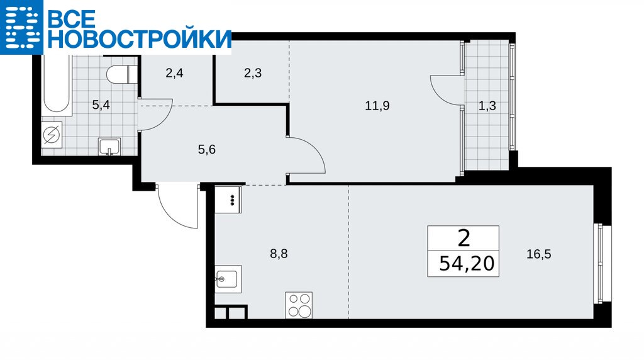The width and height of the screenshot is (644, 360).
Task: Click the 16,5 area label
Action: click(x=539, y=254)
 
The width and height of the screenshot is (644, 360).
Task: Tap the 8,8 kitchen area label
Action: click(x=279, y=254)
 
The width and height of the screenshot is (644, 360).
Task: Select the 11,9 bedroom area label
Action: click(x=377, y=106)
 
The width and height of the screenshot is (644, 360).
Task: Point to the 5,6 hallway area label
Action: click(x=206, y=150)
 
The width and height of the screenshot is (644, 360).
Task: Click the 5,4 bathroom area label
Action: click(x=101, y=105)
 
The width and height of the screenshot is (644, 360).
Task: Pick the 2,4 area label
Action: click(x=174, y=74)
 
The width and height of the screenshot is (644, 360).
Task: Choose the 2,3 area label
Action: click(x=253, y=74)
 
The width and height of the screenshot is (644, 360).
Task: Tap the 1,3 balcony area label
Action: click(x=487, y=106)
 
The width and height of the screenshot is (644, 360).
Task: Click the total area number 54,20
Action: click(x=467, y=263)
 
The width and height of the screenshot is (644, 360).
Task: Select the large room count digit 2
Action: click(x=464, y=238)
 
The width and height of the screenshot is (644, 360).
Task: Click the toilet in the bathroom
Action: click(x=121, y=75)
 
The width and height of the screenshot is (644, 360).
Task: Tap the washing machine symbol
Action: click(x=52, y=135)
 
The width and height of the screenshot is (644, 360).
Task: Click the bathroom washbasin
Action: click(x=109, y=147)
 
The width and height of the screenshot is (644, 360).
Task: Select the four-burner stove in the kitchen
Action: click(x=299, y=305)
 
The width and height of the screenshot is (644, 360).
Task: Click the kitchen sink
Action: click(x=228, y=279)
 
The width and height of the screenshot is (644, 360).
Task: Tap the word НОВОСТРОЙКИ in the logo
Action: click(x=140, y=39)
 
